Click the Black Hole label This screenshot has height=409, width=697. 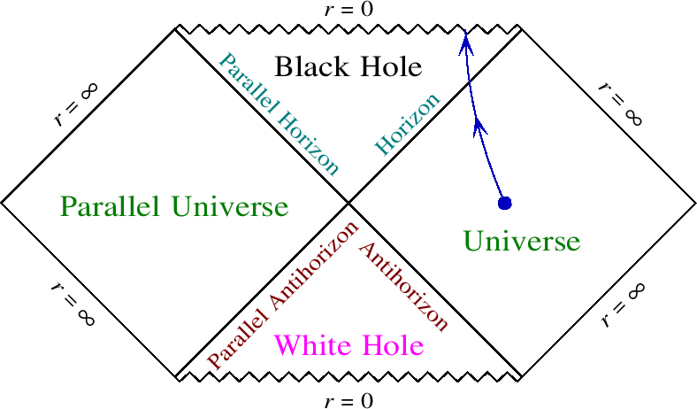pos(348,66)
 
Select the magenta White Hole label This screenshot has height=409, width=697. pos(348,343)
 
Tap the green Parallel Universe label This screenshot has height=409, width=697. pos(174,207)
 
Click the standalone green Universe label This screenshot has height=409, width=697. pos(522,241)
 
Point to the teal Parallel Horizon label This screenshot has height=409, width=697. pos(279,114)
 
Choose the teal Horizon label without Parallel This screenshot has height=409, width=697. pos(406,124)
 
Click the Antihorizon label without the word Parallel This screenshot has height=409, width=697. pos(402,284)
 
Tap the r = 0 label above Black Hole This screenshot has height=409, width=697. pos(348,10)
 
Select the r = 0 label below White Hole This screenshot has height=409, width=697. pos(348,400)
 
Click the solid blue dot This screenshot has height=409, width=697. pos(505,203)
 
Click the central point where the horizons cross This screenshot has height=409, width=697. pos(348,203)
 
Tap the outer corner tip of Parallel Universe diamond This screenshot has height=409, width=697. pos(3,203)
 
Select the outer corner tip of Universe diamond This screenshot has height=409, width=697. pos(694,203)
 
